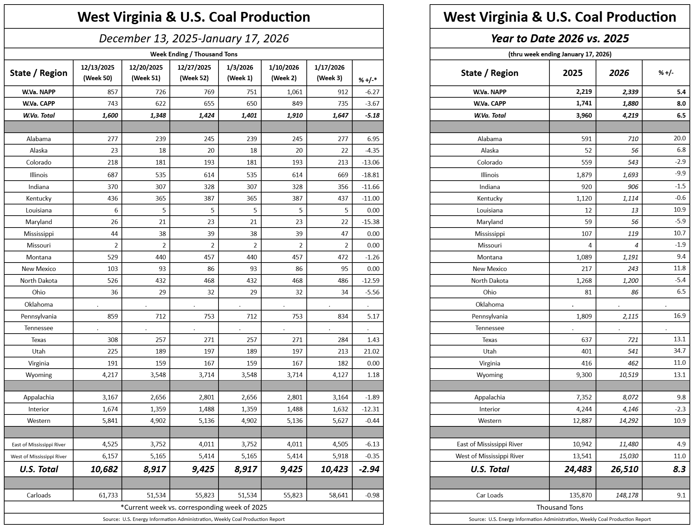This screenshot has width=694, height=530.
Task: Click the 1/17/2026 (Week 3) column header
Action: tap(329, 73)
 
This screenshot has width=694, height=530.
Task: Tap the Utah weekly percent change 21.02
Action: tap(371, 351)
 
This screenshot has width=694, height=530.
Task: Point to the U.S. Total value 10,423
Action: tap(334, 469)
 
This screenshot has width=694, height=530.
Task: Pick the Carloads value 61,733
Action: tap(106, 495)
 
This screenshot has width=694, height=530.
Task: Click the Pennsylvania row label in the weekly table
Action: tap(39, 316)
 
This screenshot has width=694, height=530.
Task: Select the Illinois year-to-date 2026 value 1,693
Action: tap(629, 175)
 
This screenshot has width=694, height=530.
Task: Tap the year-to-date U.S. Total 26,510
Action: tap(624, 469)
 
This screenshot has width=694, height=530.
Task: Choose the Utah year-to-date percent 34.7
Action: tap(679, 351)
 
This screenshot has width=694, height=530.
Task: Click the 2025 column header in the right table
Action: tap(572, 73)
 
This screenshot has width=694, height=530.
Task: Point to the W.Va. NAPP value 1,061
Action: tap(293, 92)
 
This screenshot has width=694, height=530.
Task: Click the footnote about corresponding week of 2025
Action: tap(194, 507)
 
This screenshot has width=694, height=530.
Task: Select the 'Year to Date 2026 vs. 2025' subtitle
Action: tap(560, 39)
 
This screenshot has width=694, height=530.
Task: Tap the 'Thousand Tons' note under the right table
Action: tap(560, 507)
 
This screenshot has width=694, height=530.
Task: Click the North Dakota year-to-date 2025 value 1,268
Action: tap(584, 281)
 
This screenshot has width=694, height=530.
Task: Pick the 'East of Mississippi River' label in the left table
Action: tap(39, 445)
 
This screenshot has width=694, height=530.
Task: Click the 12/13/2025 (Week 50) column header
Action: tap(97, 73)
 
